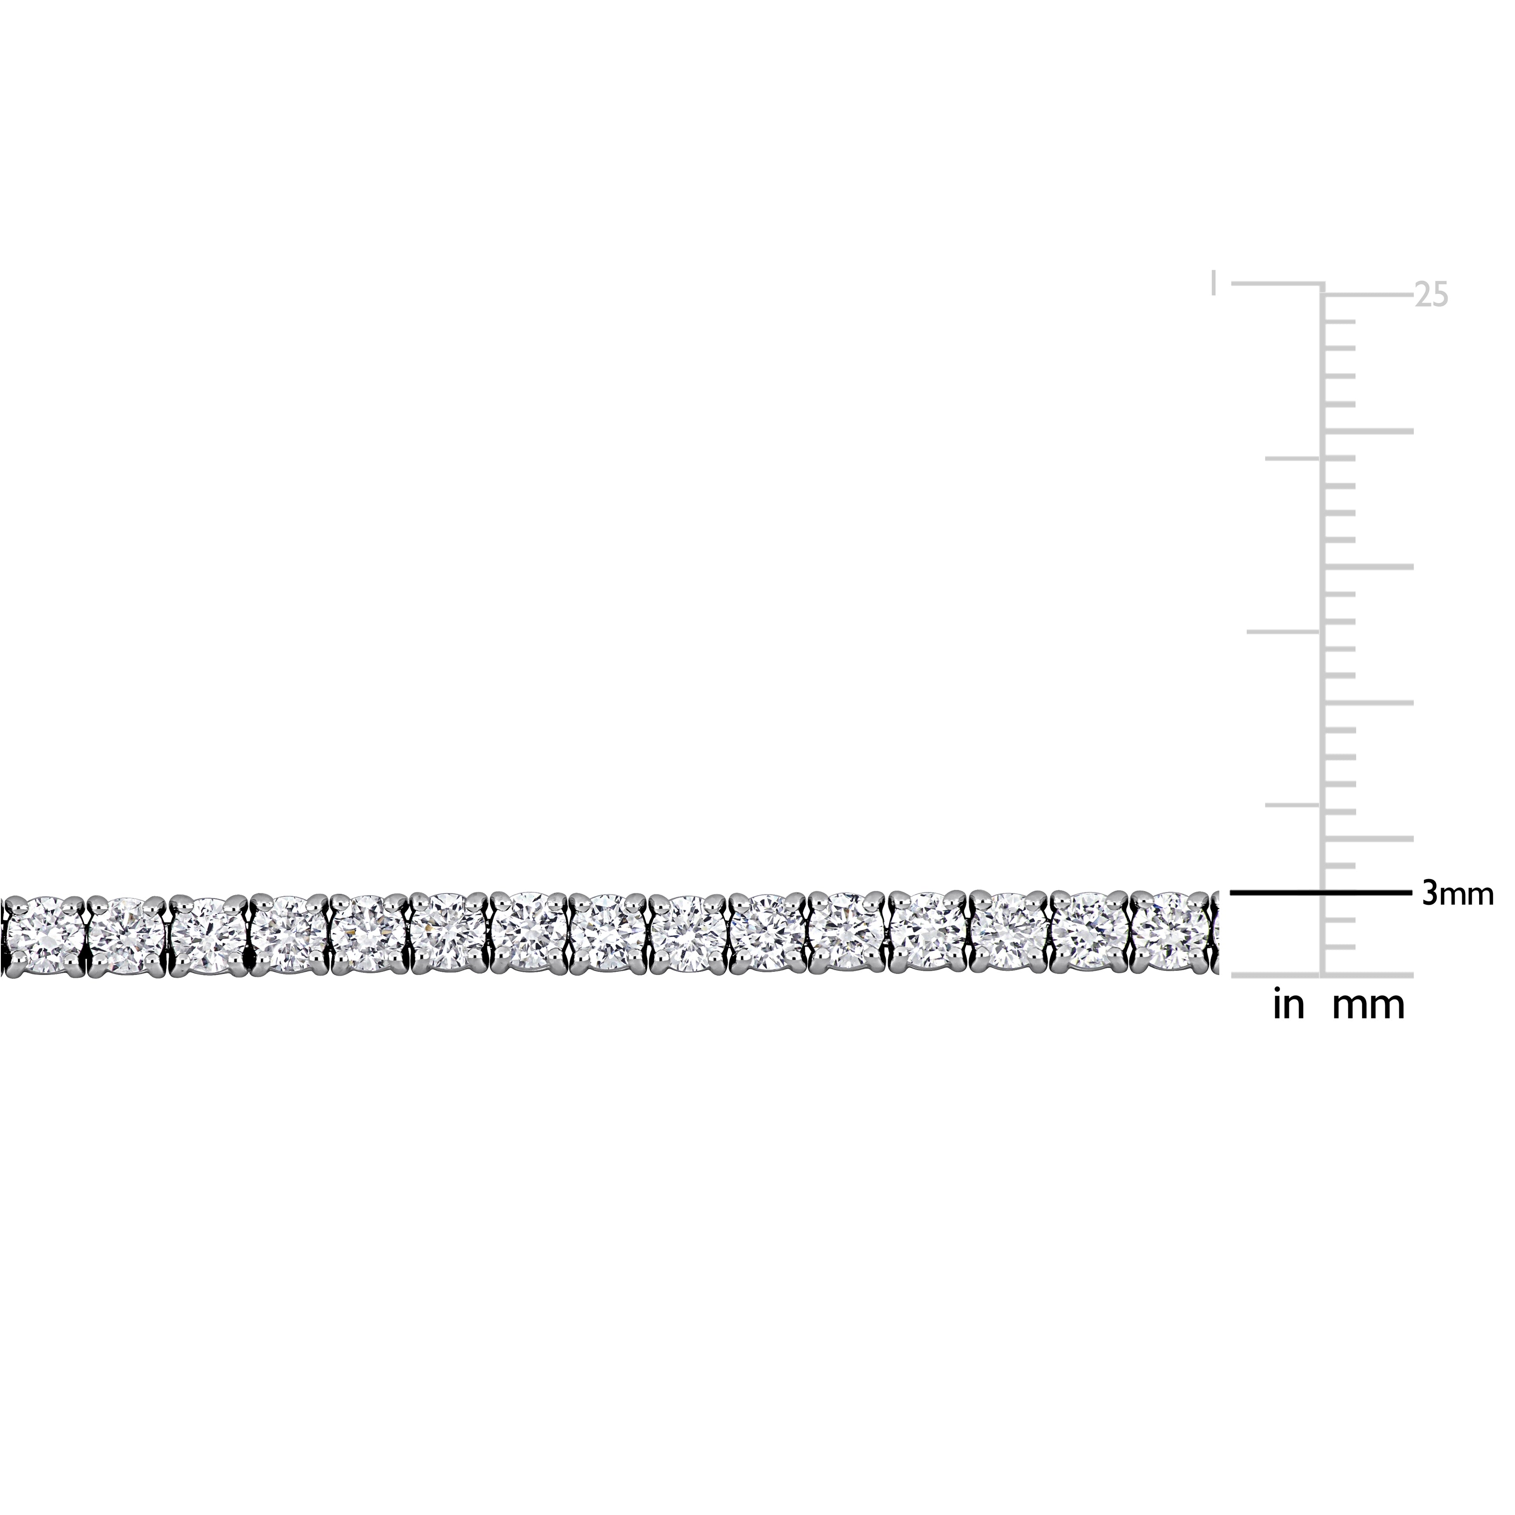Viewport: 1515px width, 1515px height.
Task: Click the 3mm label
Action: pos(1457,895)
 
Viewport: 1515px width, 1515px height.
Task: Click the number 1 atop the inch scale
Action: pos(1214,283)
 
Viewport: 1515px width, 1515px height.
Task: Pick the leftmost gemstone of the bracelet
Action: pos(44,934)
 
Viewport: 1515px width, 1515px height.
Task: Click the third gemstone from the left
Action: pos(208,935)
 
